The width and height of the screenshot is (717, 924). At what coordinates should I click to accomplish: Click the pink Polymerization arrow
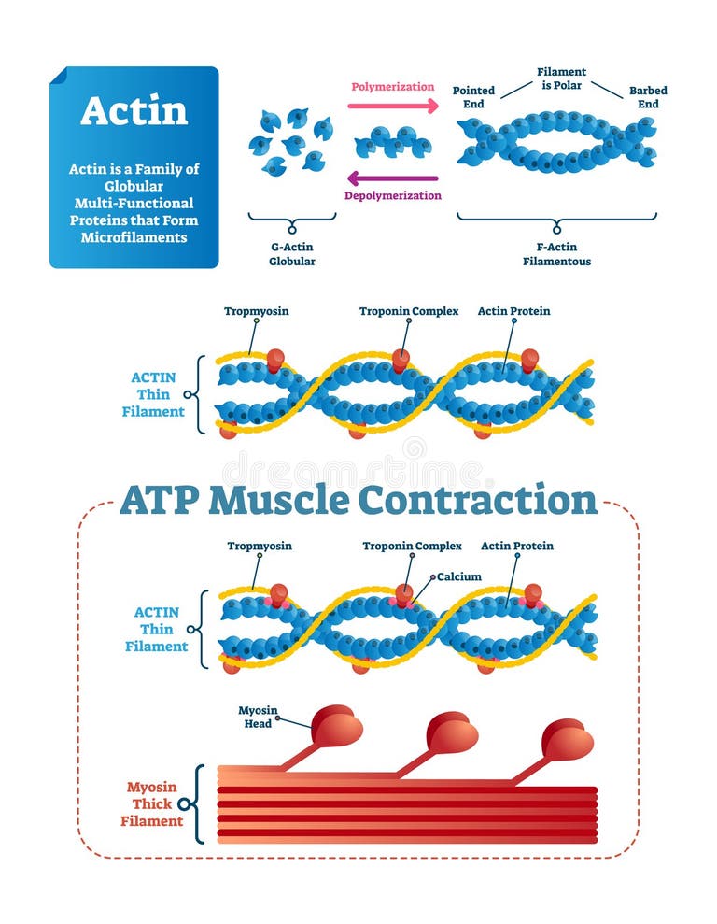(x=392, y=106)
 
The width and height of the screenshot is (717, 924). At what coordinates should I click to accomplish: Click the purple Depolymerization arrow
(x=392, y=178)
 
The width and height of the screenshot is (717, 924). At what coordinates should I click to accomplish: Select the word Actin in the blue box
(x=134, y=110)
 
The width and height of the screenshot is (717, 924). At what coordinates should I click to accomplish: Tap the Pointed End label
(x=473, y=97)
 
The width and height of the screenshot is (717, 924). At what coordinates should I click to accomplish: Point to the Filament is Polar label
(x=561, y=78)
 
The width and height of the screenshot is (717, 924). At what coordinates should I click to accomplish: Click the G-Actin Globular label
(x=292, y=254)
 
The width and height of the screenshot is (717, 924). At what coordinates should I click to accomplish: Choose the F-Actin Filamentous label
(x=556, y=254)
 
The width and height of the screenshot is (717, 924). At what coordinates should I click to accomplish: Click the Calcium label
(x=458, y=576)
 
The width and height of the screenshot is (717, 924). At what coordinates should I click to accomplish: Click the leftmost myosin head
(x=336, y=726)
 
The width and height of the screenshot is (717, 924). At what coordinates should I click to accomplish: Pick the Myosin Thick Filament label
(x=151, y=803)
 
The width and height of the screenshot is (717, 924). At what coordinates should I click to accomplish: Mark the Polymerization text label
(x=392, y=87)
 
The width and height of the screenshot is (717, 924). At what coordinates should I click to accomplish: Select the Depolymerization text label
(x=392, y=195)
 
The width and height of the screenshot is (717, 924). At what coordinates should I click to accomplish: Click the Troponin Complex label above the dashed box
(x=409, y=311)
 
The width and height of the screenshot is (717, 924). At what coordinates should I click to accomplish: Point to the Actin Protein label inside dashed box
(x=516, y=546)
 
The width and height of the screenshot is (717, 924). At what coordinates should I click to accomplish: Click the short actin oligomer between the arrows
(x=392, y=142)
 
